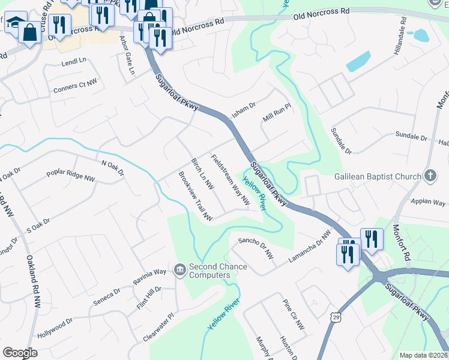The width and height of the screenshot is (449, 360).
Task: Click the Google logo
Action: click(x=20, y=353)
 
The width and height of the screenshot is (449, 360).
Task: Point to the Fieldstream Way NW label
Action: click(x=230, y=180)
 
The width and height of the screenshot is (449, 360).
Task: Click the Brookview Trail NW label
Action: click(x=196, y=196)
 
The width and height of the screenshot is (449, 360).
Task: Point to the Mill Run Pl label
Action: click(x=277, y=112)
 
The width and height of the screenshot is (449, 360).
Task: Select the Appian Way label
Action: click(x=427, y=203)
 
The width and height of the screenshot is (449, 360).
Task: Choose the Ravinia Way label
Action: click(x=149, y=272)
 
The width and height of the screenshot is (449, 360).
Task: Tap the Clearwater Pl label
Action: click(x=158, y=327)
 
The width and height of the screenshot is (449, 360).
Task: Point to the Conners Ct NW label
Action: click(x=75, y=88)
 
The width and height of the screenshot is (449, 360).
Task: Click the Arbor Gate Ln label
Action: click(x=127, y=55)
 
